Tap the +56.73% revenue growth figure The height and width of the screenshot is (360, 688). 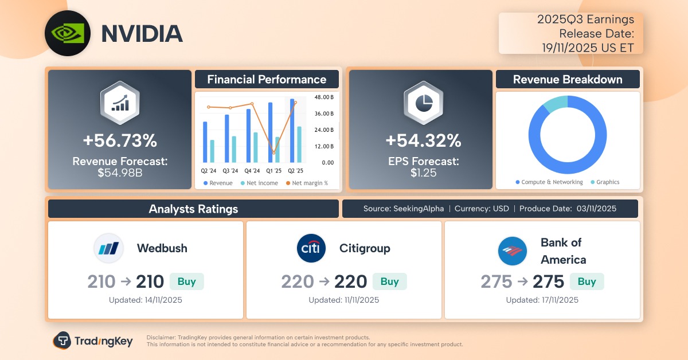point(119,140)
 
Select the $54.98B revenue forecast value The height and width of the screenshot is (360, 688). point(119,171)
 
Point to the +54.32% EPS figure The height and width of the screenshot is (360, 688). point(423,140)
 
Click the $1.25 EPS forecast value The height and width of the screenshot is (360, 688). point(421,171)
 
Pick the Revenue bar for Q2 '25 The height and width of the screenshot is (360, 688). point(292,130)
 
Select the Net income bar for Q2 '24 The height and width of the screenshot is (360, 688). point(212,150)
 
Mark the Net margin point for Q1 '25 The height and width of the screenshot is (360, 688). point(274,153)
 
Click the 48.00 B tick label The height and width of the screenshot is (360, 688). point(324,97)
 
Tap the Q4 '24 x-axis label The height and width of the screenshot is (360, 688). point(252,171)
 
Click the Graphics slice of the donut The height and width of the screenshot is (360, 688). point(554,104)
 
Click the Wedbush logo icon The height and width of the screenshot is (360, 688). point(108,248)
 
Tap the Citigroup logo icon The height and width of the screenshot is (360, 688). point(311,248)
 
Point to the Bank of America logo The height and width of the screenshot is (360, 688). point(513,251)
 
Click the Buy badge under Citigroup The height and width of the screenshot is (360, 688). point(389,281)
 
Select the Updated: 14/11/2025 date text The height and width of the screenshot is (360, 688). point(146,300)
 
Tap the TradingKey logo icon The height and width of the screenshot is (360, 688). point(62,341)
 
